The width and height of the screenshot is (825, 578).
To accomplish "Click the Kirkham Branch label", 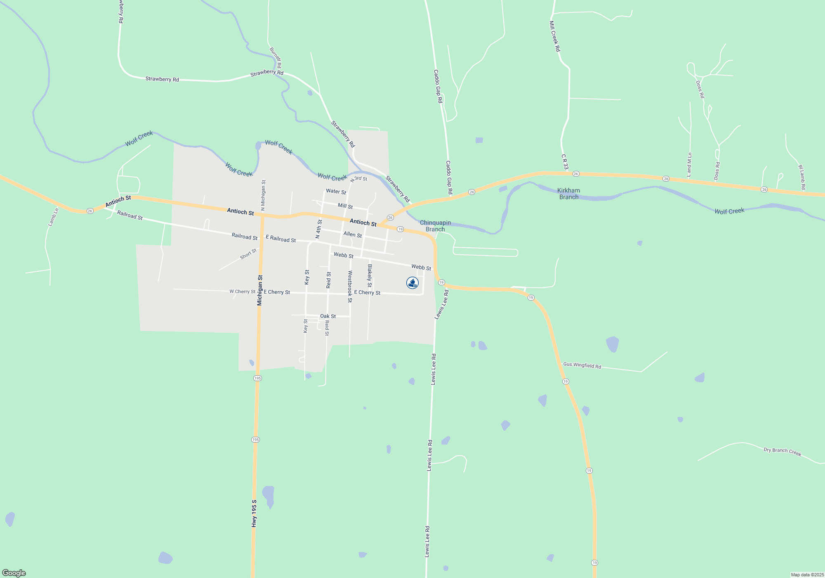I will click(568, 194).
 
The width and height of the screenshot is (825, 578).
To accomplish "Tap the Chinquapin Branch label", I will click(435, 226).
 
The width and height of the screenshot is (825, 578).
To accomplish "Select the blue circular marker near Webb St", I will click(412, 283).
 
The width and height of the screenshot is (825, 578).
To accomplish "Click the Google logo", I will click(14, 573).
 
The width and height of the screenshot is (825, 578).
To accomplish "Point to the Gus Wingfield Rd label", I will click(582, 365).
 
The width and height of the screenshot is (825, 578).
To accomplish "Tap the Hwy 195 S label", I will click(254, 513).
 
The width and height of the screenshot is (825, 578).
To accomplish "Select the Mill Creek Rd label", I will click(555, 36).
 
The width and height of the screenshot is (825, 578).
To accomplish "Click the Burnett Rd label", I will click(276, 57).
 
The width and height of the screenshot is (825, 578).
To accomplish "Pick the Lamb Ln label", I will click(54, 217).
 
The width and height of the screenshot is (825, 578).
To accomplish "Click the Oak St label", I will click(328, 316).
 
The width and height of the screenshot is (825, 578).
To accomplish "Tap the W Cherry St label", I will click(242, 291).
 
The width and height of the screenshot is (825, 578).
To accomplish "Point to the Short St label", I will click(248, 254).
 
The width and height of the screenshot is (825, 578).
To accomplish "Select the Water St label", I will click(336, 192).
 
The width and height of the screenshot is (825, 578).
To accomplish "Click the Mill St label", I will click(345, 206).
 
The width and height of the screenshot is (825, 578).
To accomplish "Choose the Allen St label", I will click(353, 235).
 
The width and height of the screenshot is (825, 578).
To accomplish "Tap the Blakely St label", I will click(370, 276).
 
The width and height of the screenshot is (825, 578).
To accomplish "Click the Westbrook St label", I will click(350, 287).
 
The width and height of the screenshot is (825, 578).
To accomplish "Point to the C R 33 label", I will click(564, 162).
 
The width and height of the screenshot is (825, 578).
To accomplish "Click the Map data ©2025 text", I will click(807, 575).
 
